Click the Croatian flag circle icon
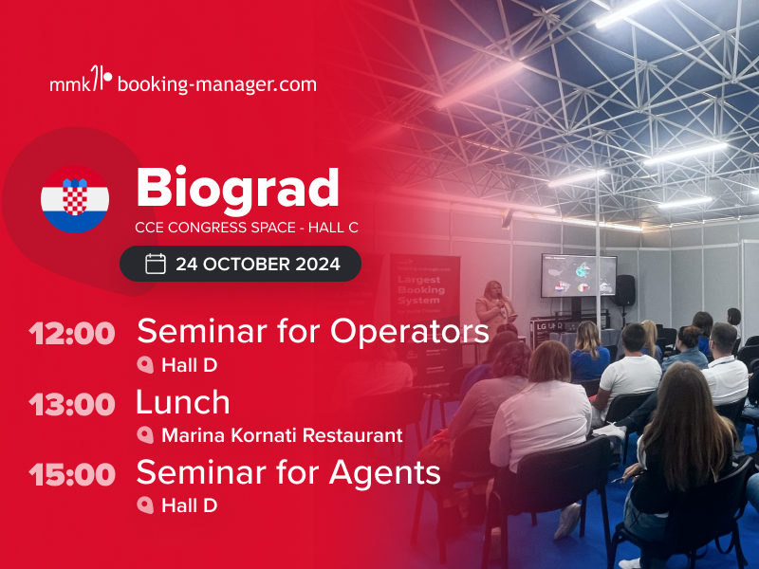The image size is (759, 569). pos(75,199)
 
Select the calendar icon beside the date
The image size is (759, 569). pos(156,264)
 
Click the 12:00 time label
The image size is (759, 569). pos(72,334)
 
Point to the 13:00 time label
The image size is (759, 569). pos(72,404)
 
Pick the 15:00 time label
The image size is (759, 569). pos(72,474)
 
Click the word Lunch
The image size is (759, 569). pos(183,402)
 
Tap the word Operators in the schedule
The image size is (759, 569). pos(410,331)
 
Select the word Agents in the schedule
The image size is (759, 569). pos(385,472)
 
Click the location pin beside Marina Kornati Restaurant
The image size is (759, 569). pos(145,435)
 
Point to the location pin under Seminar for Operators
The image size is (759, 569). pos(145,365)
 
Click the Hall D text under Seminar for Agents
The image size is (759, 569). pos(189,505)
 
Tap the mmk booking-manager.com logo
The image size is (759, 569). pos(183,81)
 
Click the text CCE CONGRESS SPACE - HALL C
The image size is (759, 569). pos(247,228)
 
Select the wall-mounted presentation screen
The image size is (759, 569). pos(579,275)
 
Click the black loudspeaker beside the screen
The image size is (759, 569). pos(625,290)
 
